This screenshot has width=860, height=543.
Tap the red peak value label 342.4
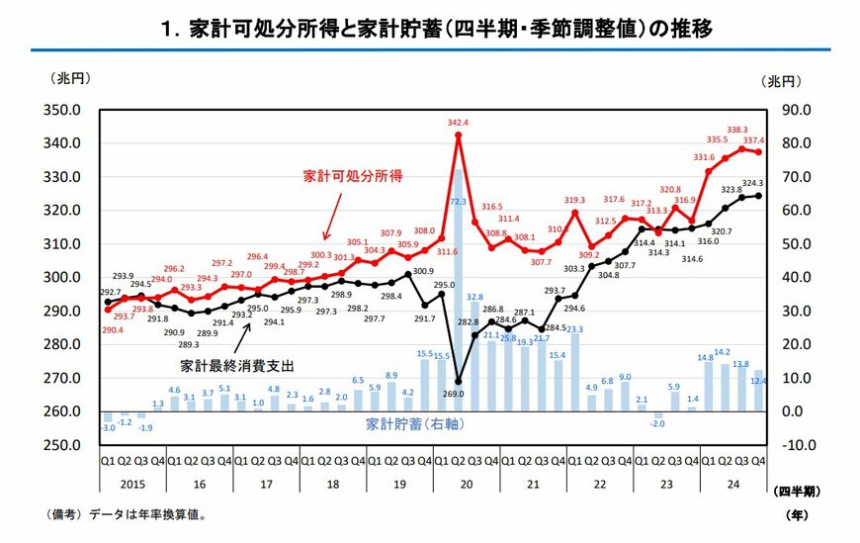click(458, 123)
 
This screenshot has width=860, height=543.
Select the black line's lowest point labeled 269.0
click(459, 380)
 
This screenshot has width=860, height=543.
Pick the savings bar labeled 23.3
click(575, 372)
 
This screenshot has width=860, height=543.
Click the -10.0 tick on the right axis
click(799, 445)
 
